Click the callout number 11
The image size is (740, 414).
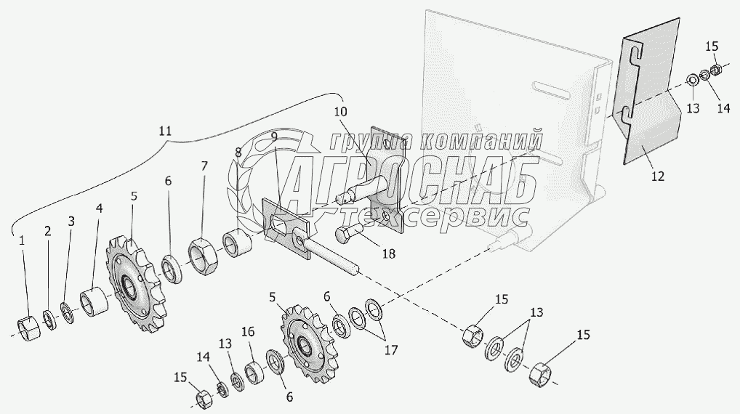pyautogui.click(x=165, y=131)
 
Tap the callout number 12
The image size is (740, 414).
pyautogui.click(x=657, y=176)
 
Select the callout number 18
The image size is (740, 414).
pyautogui.click(x=389, y=253)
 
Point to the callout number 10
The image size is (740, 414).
pyautogui.click(x=340, y=112)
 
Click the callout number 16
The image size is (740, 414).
pyautogui.click(x=248, y=332)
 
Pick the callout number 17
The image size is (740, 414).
pyautogui.click(x=391, y=350)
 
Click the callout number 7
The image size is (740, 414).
pyautogui.click(x=204, y=166)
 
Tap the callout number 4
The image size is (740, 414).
pyautogui.click(x=99, y=208)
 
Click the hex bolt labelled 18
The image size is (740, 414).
pyautogui.click(x=349, y=235)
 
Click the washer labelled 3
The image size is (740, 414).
pyautogui.click(x=67, y=314)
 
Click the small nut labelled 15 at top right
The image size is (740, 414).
pyautogui.click(x=715, y=70)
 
